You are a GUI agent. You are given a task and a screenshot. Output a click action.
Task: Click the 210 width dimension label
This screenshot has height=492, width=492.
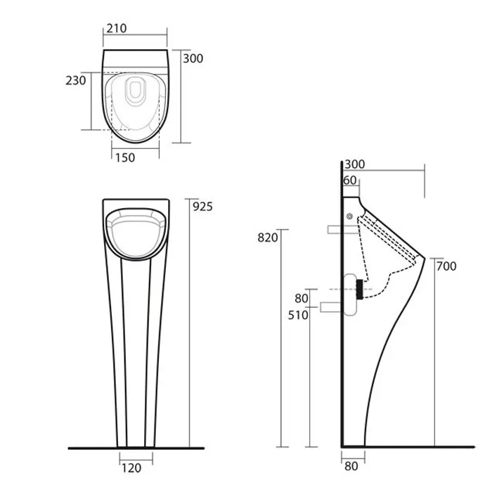pyautogui.click(x=117, y=28)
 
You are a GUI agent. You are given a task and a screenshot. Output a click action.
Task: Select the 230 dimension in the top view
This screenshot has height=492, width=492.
pyautogui.click(x=76, y=81)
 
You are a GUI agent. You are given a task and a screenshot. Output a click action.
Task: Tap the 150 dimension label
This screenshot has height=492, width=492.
pyautogui.click(x=125, y=157)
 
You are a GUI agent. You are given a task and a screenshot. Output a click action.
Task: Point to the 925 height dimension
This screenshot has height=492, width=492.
pyautogui.click(x=202, y=207)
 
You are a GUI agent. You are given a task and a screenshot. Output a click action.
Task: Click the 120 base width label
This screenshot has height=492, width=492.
pyautogui.click(x=131, y=468)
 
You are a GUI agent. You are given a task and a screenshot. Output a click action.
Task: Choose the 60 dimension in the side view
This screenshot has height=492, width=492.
pyautogui.click(x=350, y=181)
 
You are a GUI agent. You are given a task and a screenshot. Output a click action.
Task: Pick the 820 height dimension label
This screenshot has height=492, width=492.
pyautogui.click(x=268, y=238)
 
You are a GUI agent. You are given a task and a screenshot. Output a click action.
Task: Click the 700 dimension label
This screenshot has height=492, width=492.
pyautogui.click(x=446, y=266)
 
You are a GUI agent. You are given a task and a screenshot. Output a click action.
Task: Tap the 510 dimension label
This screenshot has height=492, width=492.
pyautogui.click(x=298, y=315)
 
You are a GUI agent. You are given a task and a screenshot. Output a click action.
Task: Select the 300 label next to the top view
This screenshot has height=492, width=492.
pyautogui.click(x=193, y=58)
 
